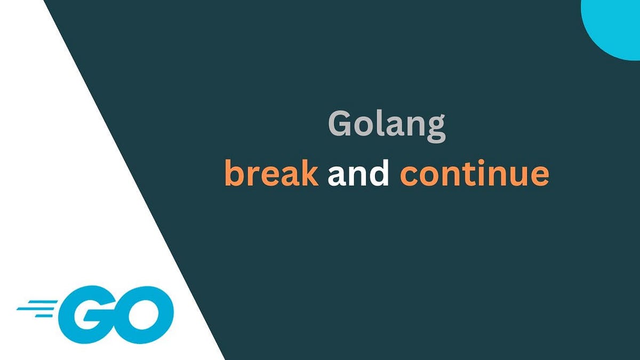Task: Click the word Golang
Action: [386, 126]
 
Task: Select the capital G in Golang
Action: [339, 125]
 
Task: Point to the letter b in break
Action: [233, 173]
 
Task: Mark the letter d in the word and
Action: [379, 173]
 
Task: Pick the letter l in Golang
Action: [378, 124]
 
